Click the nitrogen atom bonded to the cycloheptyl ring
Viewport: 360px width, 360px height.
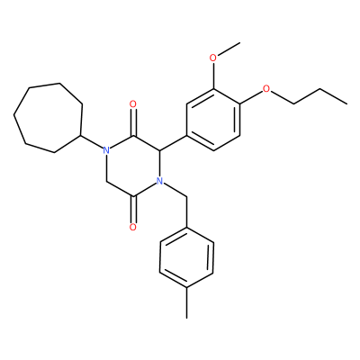105,149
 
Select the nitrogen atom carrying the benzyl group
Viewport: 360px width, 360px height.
160,181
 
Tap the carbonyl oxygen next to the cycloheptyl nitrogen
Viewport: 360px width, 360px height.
133,104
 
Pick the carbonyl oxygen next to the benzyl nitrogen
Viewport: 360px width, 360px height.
133,227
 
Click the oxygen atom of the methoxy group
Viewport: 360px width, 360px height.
213,58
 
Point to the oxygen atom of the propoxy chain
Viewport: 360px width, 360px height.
266,89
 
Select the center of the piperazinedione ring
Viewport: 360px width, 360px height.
133,166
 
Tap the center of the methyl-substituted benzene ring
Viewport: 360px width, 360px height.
186,257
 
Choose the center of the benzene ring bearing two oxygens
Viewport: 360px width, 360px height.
213,120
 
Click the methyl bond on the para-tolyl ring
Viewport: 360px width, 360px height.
186,303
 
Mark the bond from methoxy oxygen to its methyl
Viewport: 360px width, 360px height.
229,49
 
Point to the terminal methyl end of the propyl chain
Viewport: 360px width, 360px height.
347,104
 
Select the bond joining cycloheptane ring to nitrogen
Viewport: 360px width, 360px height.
92,141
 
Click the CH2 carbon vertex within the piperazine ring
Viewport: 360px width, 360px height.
106,182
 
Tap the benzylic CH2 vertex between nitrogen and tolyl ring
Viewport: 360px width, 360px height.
187,197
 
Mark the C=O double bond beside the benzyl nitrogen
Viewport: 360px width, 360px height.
133,210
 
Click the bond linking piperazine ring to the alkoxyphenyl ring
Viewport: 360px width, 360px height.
174,142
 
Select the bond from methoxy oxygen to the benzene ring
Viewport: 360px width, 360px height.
213,76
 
